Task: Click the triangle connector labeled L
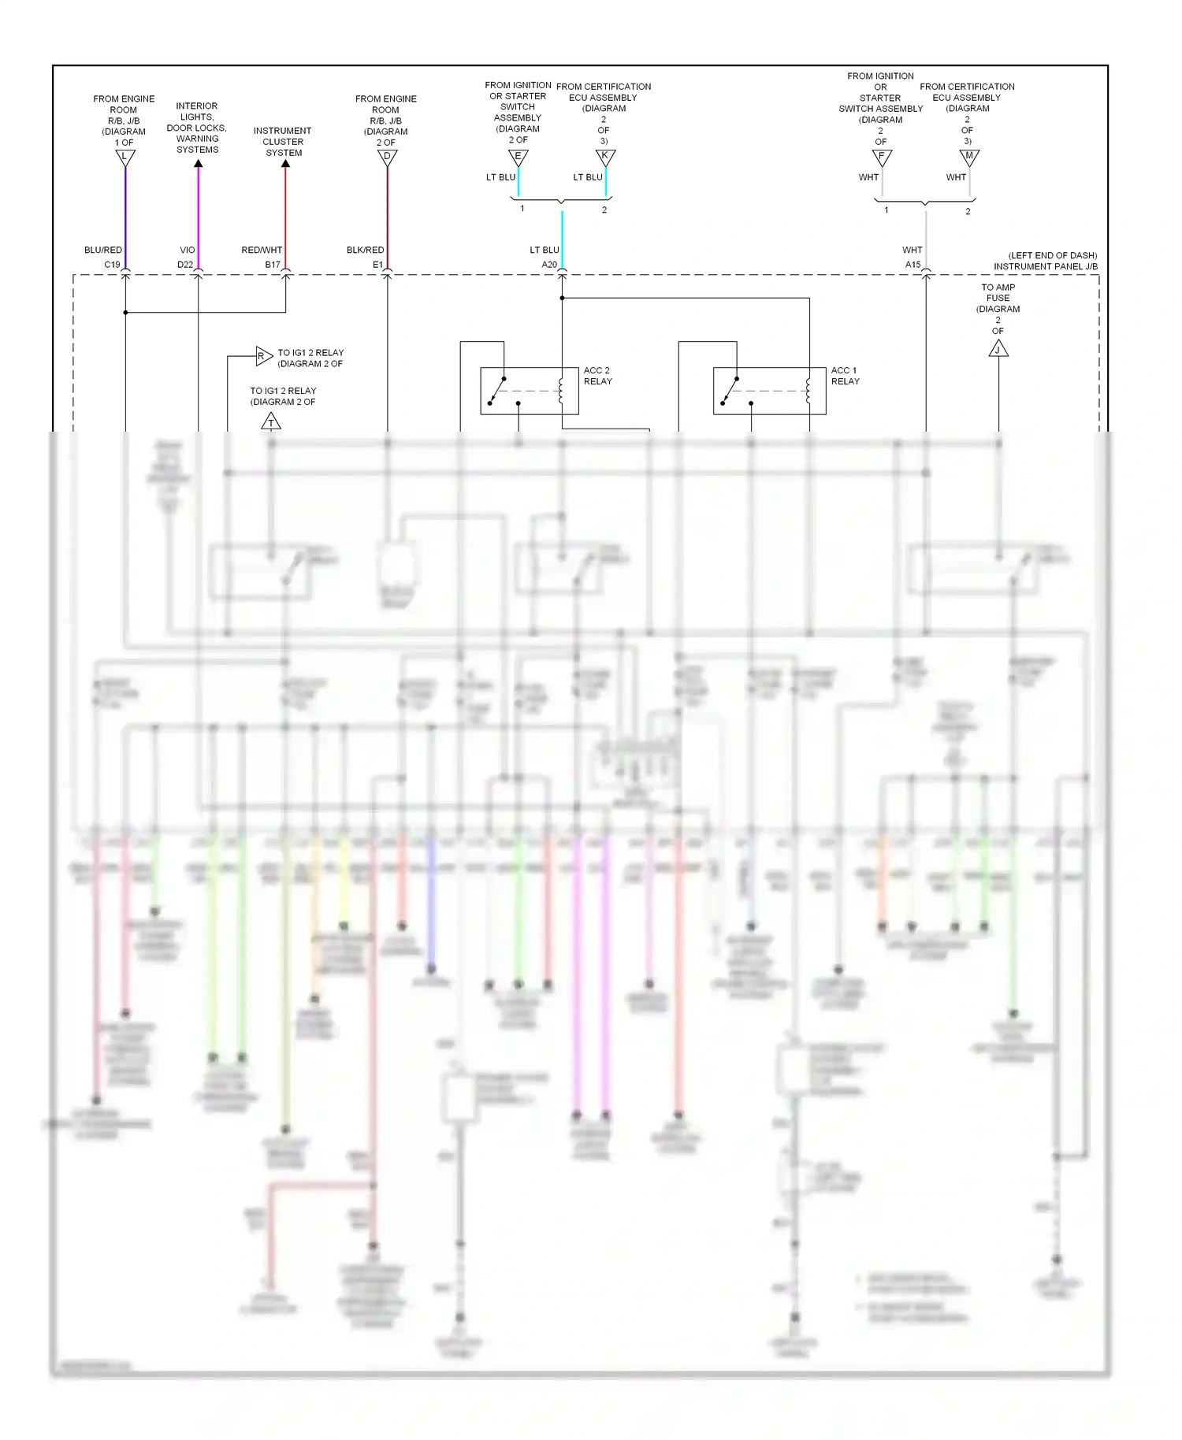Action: click(125, 157)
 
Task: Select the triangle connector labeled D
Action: click(387, 157)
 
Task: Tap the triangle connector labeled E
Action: click(518, 157)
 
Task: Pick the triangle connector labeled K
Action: click(605, 157)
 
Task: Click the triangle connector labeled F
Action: click(882, 157)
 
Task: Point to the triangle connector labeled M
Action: click(969, 157)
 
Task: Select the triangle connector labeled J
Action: click(998, 349)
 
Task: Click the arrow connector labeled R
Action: click(262, 356)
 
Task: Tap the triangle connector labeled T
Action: click(271, 422)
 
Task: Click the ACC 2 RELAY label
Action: click(597, 376)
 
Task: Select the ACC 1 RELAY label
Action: click(845, 376)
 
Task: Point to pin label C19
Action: click(112, 265)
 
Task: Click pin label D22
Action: click(185, 265)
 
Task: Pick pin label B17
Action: click(273, 265)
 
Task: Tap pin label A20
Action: click(549, 265)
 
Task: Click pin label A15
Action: click(913, 265)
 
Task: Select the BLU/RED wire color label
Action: click(103, 250)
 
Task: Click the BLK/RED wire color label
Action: click(365, 250)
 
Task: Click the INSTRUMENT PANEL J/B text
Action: click(1045, 266)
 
